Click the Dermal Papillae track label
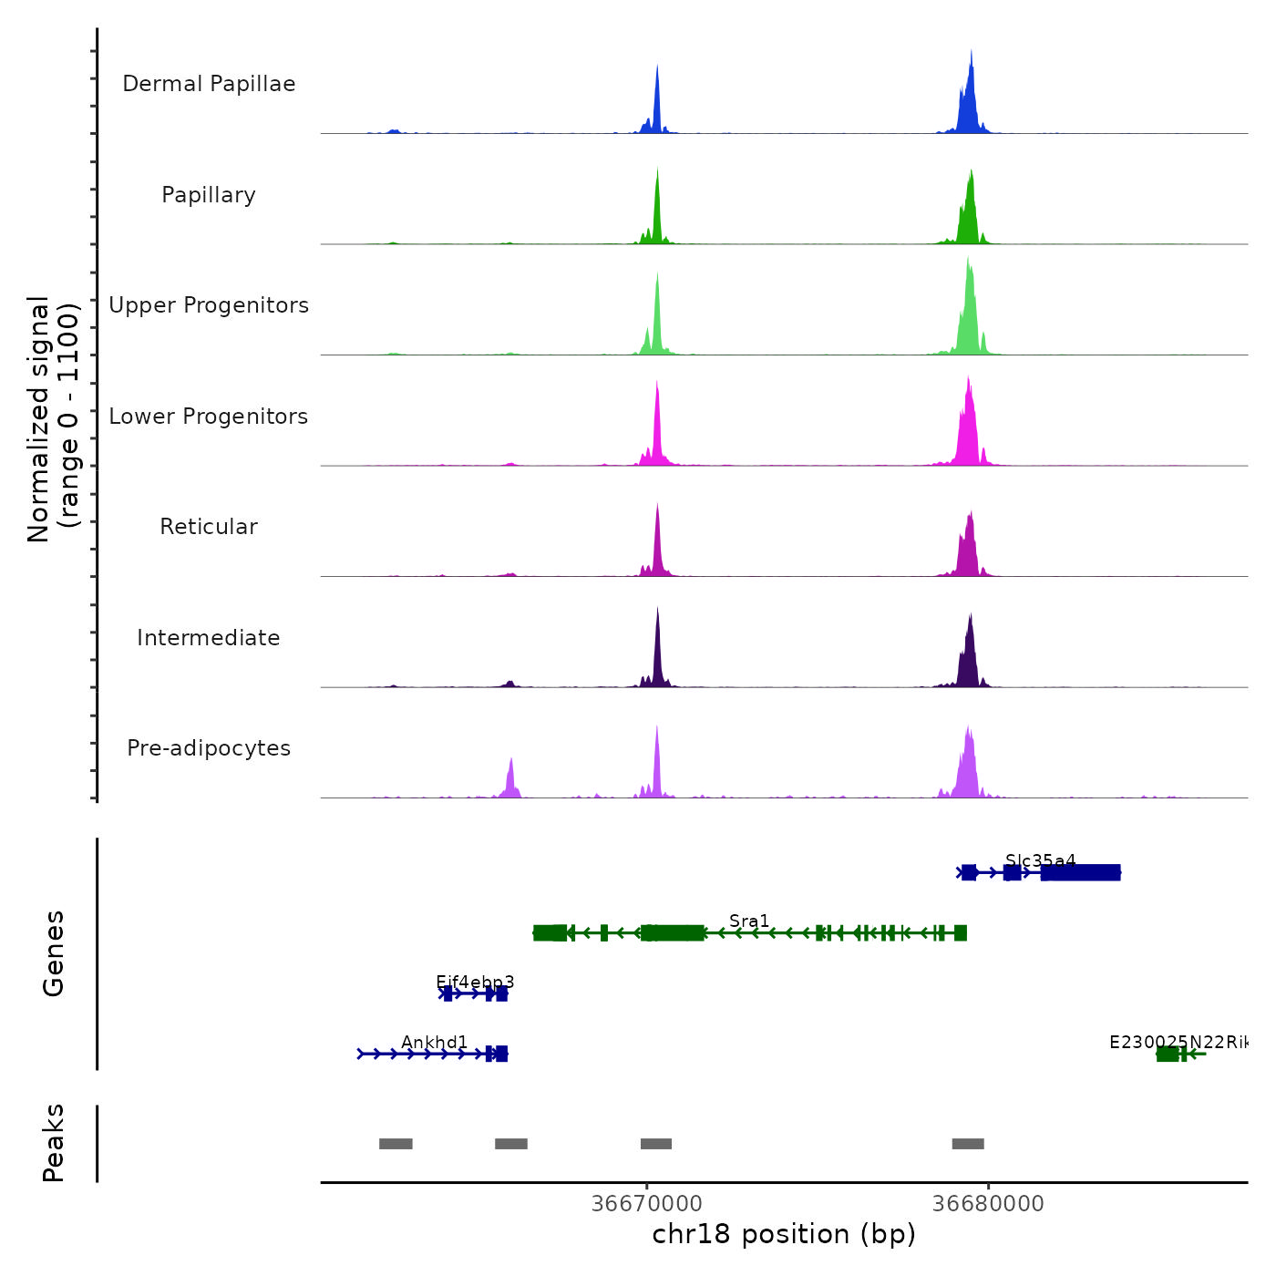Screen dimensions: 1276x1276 209,84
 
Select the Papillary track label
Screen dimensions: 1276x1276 209,195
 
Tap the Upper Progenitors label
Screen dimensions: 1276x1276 209,305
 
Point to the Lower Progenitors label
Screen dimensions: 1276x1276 209,417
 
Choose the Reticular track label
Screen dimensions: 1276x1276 209,527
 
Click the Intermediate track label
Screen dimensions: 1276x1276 209,638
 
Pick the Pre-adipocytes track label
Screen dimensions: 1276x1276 209,748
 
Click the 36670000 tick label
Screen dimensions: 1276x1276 647,1203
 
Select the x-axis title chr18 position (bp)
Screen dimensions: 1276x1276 784,1234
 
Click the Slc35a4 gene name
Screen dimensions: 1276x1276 1040,860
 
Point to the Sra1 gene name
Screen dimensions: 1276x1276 749,921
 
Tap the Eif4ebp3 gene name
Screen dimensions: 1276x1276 475,982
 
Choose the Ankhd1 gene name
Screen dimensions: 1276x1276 435,1042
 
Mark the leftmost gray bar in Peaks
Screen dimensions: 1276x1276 396,1144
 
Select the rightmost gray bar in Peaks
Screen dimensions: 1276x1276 968,1144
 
